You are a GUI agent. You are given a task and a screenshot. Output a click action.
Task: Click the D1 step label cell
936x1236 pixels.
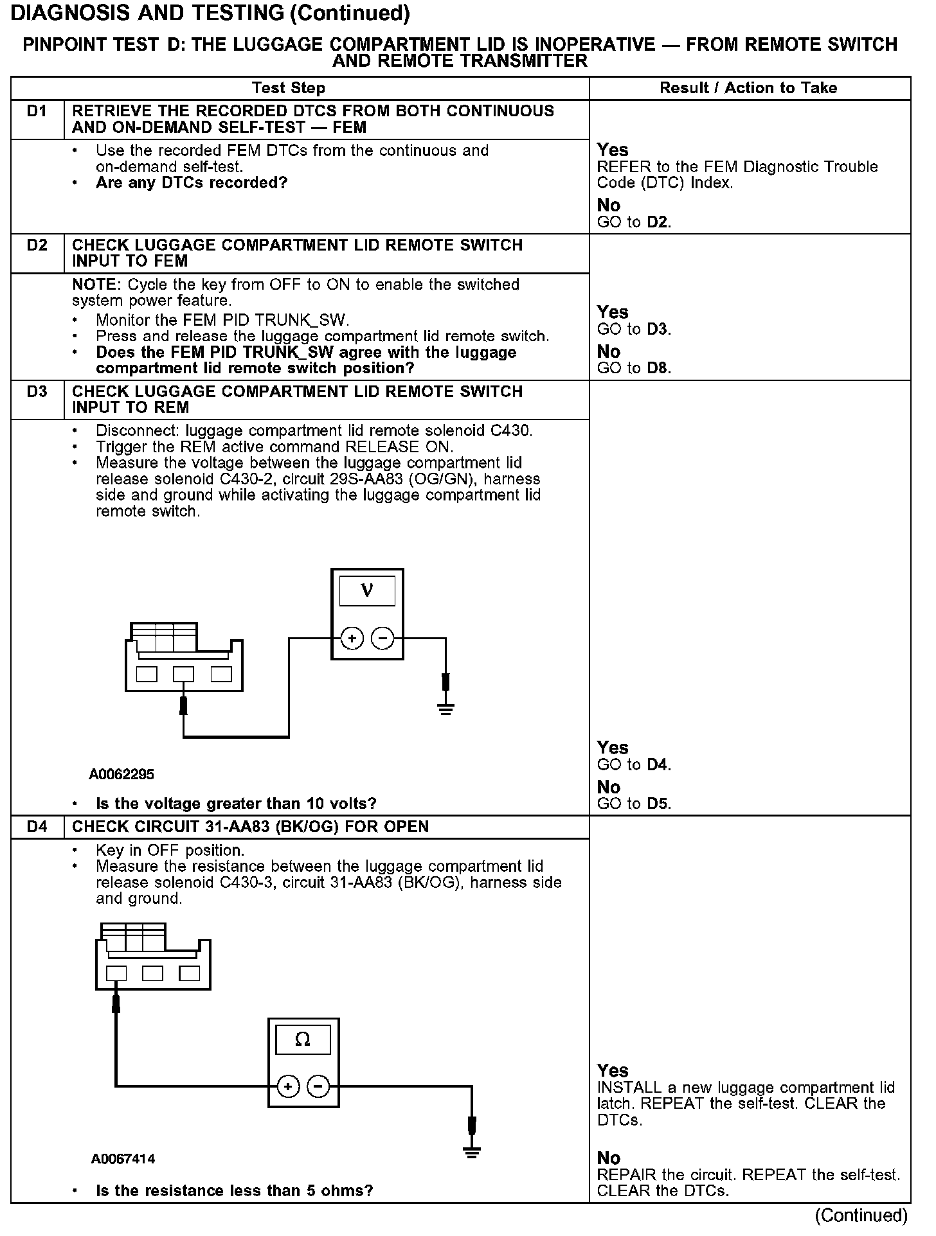point(37,112)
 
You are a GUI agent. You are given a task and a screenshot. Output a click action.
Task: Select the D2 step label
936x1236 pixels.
point(37,245)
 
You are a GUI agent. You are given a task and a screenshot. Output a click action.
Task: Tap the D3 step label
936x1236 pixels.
point(37,392)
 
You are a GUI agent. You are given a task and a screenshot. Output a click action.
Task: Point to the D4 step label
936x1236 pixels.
point(37,827)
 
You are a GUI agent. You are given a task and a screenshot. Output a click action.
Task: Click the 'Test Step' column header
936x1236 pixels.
point(289,88)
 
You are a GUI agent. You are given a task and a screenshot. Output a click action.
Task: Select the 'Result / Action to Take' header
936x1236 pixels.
point(748,88)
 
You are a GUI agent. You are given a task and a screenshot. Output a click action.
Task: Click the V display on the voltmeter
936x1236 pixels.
point(367,590)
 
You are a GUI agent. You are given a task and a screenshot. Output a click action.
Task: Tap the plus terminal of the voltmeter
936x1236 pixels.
point(352,639)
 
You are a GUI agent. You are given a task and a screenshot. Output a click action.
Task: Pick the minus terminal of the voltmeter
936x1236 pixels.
point(383,639)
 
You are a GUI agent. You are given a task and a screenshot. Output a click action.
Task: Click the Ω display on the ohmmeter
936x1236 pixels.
point(303,1039)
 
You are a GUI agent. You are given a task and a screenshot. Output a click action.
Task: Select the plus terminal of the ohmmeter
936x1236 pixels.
point(288,1086)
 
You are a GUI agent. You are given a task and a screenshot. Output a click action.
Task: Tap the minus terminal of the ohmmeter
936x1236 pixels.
point(318,1086)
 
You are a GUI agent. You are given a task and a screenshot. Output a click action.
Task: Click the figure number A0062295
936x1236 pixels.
point(122,774)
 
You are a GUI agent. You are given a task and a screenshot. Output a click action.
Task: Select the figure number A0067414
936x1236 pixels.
point(123,1159)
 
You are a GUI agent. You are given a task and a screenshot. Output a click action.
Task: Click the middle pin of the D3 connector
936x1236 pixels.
point(184,674)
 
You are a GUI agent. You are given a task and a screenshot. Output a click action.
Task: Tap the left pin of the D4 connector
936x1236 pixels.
point(116,973)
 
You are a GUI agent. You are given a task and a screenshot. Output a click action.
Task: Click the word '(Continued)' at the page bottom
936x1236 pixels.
point(861,1215)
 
